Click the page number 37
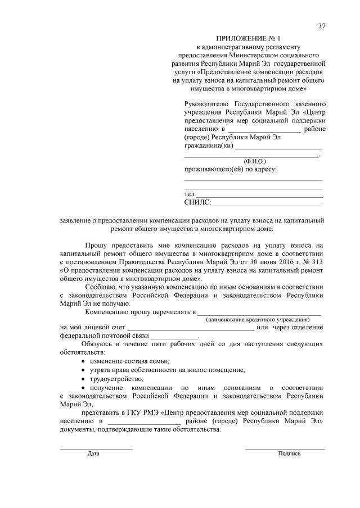point(322,26)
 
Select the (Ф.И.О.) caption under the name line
point(251,161)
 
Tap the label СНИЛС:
point(197,202)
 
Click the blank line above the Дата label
point(96,448)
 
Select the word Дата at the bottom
point(93,453)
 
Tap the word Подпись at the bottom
point(289,453)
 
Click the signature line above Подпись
point(285,448)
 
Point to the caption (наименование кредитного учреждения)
point(258,319)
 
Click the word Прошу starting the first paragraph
point(96,245)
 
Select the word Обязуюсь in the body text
point(98,343)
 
